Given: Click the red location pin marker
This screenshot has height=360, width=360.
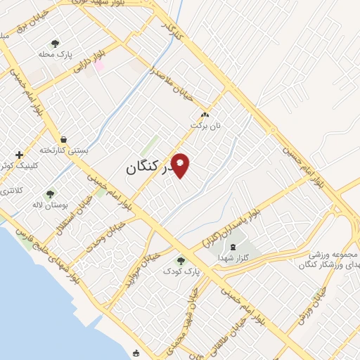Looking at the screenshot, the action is click(x=181, y=166).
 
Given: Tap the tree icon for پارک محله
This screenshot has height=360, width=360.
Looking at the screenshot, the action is click(x=55, y=44).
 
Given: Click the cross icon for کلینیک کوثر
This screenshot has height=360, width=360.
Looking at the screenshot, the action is click(x=19, y=154).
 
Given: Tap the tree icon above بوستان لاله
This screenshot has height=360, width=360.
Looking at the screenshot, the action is click(x=50, y=194).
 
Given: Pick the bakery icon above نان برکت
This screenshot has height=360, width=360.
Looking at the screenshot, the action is click(x=205, y=115).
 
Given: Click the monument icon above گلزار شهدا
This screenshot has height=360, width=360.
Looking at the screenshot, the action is click(x=233, y=247).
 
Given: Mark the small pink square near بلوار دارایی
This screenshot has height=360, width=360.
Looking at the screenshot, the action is click(x=99, y=65).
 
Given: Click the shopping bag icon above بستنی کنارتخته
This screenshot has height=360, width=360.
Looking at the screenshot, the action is click(x=64, y=139).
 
